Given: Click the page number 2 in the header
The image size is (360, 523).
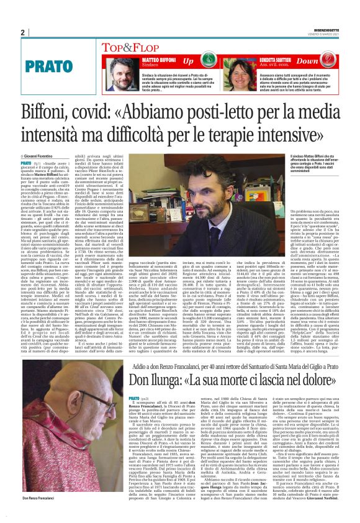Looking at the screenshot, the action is coord(22,33).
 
